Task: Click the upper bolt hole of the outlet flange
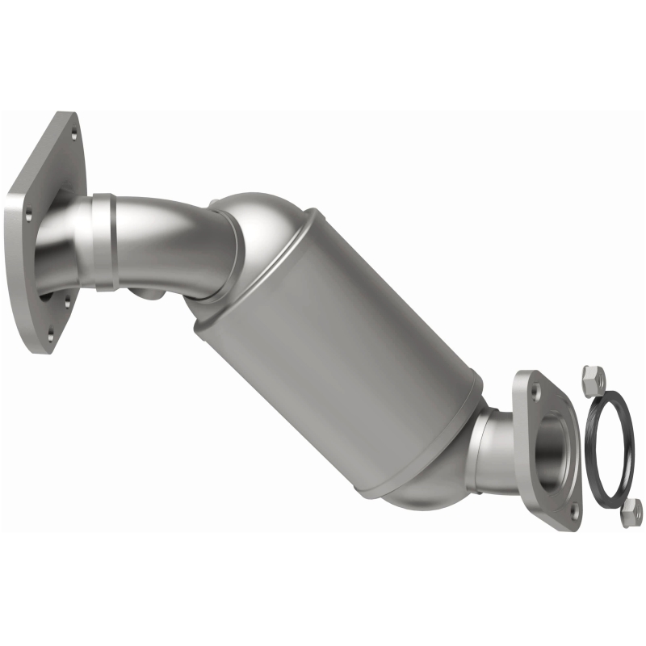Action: pyautogui.click(x=534, y=389)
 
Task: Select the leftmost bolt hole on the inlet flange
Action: pyautogui.click(x=27, y=214)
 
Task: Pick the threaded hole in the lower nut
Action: pyautogui.click(x=631, y=509)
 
